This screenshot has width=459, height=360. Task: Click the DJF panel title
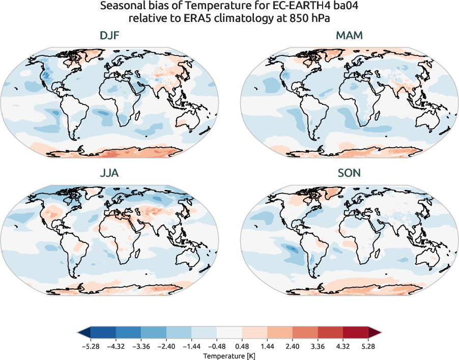click(x=110, y=36)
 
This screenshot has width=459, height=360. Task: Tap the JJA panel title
click(x=110, y=173)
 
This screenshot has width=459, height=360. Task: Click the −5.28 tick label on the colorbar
click(x=90, y=346)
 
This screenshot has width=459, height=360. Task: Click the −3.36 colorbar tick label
click(x=140, y=346)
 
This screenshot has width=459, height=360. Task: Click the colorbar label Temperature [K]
click(x=230, y=355)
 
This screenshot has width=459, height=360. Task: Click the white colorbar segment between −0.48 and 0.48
click(x=230, y=333)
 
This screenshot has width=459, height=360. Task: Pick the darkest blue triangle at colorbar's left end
click(x=84, y=333)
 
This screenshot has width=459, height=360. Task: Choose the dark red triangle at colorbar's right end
click(x=375, y=333)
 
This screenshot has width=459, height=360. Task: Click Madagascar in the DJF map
click(x=137, y=115)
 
